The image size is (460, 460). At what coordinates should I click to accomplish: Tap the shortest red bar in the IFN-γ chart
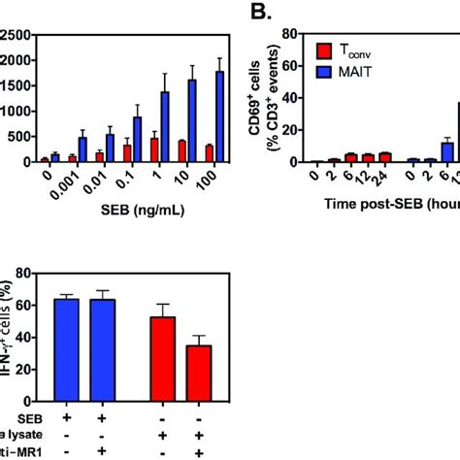coord(198,367)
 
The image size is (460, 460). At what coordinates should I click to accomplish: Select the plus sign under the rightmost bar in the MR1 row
coord(198,451)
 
